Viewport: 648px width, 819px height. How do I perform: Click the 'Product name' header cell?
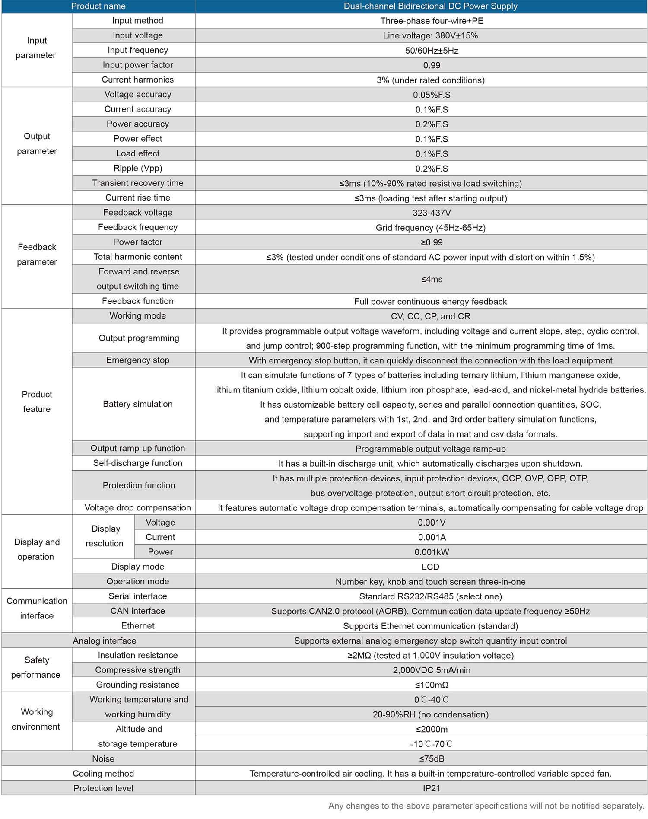pyautogui.click(x=98, y=6)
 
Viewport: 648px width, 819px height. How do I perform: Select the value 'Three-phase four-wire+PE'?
pyautogui.click(x=432, y=21)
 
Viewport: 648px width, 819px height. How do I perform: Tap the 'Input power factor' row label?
pyautogui.click(x=137, y=65)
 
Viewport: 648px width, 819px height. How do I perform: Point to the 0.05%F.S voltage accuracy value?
pyautogui.click(x=432, y=95)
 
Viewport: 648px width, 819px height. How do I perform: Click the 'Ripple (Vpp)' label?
pyautogui.click(x=137, y=168)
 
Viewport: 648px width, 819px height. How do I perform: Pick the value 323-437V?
pyautogui.click(x=432, y=213)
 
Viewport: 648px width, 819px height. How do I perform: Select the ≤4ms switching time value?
pyautogui.click(x=432, y=279)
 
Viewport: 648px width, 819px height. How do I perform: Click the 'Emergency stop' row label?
pyautogui.click(x=137, y=360)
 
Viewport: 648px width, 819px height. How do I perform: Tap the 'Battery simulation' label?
pyautogui.click(x=137, y=404)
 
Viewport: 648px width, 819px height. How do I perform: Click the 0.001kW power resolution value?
pyautogui.click(x=432, y=552)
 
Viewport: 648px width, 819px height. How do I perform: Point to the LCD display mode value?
pyautogui.click(x=430, y=567)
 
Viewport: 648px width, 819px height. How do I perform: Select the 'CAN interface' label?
pyautogui.click(x=137, y=611)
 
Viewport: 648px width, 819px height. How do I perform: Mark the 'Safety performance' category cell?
pyautogui.click(x=36, y=667)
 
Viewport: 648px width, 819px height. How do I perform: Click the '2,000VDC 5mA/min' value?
pyautogui.click(x=432, y=670)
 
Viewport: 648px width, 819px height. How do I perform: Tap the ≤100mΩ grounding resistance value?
pyautogui.click(x=432, y=685)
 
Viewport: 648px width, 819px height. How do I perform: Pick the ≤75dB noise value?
pyautogui.click(x=432, y=758)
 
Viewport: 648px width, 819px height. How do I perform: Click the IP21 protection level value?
pyautogui.click(x=432, y=788)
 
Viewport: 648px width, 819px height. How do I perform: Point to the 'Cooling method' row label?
pyautogui.click(x=103, y=773)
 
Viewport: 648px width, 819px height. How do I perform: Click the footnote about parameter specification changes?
pyautogui.click(x=486, y=806)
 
